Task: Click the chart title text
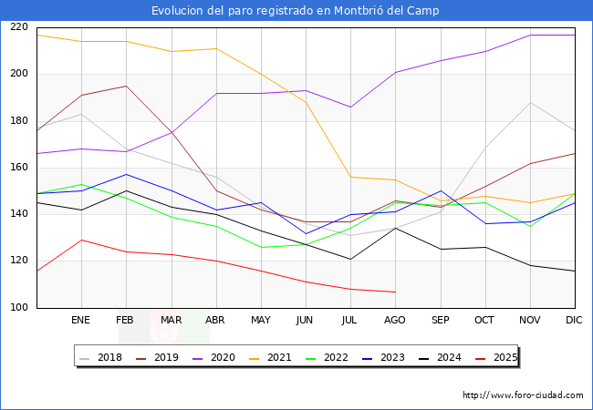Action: pos(296,11)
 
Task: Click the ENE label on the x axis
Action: pos(81,321)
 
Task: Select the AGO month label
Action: pos(395,321)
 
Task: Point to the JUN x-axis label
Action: pos(306,321)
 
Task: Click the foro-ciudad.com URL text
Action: pos(523,395)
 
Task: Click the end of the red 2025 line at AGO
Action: pos(395,292)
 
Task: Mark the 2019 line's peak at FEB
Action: pos(126,86)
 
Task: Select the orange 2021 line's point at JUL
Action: pos(350,177)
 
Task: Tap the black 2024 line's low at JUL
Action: pos(350,259)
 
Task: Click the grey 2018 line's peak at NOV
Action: pos(530,102)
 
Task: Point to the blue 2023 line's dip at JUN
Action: pos(306,233)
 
